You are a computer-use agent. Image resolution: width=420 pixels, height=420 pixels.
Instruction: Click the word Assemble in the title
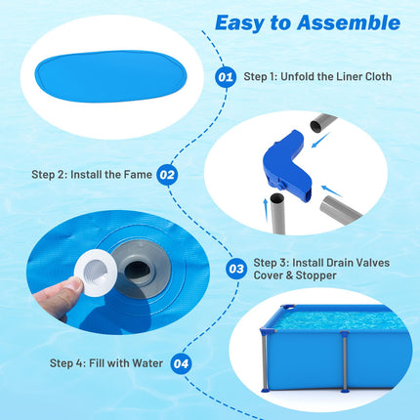tap(349, 22)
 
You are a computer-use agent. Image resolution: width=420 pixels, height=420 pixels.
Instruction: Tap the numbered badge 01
tap(226, 77)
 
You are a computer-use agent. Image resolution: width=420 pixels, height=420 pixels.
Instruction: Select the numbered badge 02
tap(167, 175)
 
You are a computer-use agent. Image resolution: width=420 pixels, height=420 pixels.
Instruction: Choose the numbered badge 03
tap(236, 269)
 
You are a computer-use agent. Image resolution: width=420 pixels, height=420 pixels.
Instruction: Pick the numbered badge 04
tap(181, 363)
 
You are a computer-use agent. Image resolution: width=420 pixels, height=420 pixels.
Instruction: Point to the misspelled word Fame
tap(139, 175)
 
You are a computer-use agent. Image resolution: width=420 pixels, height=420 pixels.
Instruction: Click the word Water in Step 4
tap(147, 363)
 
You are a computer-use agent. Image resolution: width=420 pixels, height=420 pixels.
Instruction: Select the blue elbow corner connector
tap(286, 166)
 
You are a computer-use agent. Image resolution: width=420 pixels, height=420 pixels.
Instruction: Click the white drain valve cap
tap(96, 273)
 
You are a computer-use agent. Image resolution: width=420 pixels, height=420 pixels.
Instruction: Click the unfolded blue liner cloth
tap(110, 76)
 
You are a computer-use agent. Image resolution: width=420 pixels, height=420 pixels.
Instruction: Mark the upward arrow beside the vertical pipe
tap(266, 210)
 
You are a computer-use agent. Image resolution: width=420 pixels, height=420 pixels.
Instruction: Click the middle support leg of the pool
tap(345, 361)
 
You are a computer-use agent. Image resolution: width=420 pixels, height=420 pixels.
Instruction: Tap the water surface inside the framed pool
tap(339, 319)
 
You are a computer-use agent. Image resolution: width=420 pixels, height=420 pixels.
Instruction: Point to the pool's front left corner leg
tap(266, 360)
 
